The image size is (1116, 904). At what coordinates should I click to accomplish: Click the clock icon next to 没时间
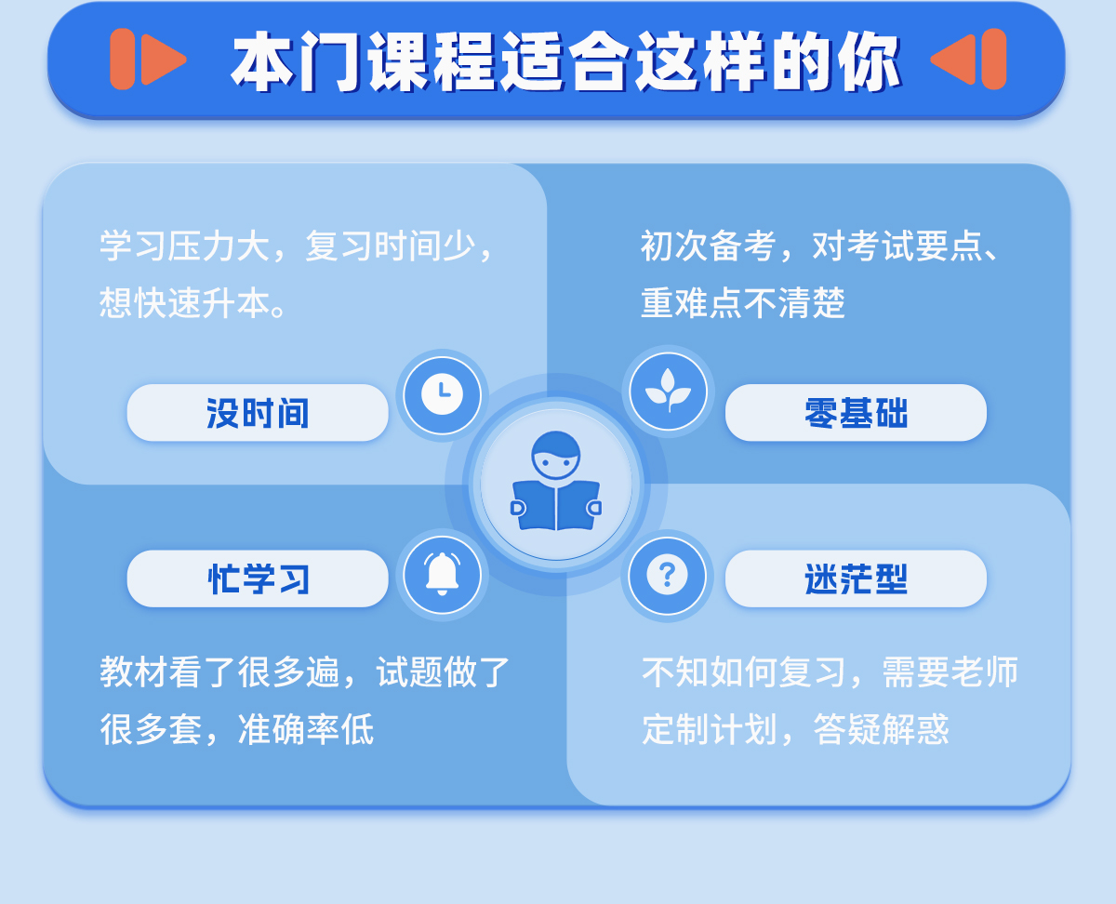click(442, 394)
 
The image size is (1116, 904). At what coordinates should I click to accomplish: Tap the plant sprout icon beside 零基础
click(668, 392)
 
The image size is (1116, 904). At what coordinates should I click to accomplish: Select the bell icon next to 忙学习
click(442, 574)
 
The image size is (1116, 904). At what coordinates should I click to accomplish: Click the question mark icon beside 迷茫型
click(667, 575)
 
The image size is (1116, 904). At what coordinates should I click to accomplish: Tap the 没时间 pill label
click(258, 413)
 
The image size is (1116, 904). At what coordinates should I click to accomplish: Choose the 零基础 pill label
click(856, 413)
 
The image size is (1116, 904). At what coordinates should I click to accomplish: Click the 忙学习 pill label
click(258, 578)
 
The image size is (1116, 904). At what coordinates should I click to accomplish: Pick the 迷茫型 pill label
click(856, 578)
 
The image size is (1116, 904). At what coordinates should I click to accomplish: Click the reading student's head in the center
click(556, 455)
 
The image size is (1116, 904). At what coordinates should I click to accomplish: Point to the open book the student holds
click(556, 505)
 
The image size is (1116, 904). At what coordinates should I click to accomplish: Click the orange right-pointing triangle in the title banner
click(164, 60)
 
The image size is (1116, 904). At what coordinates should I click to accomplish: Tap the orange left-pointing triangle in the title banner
click(953, 60)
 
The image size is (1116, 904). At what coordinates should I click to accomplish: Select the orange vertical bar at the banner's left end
click(123, 59)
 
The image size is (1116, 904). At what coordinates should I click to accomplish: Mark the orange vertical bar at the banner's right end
click(994, 59)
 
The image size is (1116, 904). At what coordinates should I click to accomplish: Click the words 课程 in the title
click(432, 61)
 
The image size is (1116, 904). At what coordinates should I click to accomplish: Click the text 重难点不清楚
click(743, 303)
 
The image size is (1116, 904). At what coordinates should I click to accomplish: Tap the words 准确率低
click(306, 729)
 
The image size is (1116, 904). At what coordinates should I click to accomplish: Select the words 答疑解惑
click(882, 729)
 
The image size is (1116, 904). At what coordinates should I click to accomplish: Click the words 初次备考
click(709, 246)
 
